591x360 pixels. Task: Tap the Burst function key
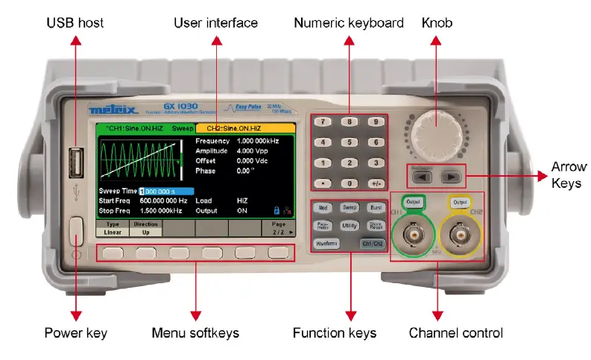click(x=376, y=208)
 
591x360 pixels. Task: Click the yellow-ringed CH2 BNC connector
click(x=460, y=239)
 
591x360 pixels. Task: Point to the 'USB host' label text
click(x=76, y=23)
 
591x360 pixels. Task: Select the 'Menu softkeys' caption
click(x=195, y=332)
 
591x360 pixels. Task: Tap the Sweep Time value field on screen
click(x=166, y=192)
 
